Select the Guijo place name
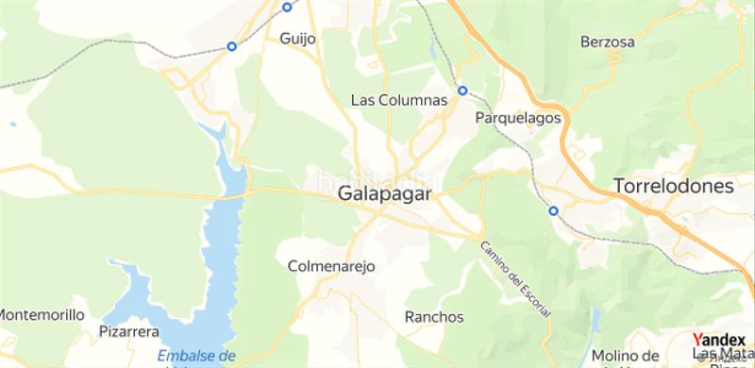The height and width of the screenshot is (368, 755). pyautogui.click(x=298, y=39)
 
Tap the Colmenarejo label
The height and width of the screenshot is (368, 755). pyautogui.click(x=331, y=266)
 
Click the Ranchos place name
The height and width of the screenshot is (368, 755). pyautogui.click(x=434, y=316)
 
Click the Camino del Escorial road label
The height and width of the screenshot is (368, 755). pyautogui.click(x=514, y=279)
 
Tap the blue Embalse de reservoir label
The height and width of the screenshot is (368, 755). pyautogui.click(x=196, y=356)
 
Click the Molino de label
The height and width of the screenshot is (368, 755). pyautogui.click(x=626, y=355)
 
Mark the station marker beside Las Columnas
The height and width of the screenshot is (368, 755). pyautogui.click(x=462, y=91)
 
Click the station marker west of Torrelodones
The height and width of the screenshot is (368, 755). pyautogui.click(x=553, y=211)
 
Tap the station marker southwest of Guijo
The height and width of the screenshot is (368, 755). pyautogui.click(x=231, y=45)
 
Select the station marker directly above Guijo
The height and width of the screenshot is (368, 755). pyautogui.click(x=287, y=7)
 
